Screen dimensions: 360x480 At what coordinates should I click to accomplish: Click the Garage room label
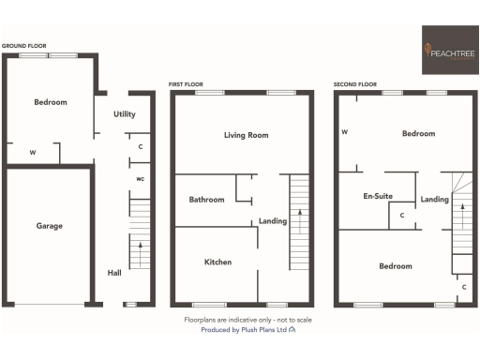click(x=50, y=226)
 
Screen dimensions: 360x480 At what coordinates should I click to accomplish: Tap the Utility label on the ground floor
click(x=125, y=113)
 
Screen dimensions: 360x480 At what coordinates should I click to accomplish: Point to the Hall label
click(x=114, y=273)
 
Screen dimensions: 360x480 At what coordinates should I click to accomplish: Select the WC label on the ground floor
click(x=140, y=178)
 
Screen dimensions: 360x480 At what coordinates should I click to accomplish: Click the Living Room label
click(x=246, y=135)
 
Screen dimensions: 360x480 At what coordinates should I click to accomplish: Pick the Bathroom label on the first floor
click(x=206, y=200)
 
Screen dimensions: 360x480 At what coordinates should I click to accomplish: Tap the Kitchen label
click(x=217, y=262)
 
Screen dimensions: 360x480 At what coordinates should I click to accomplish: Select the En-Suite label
click(x=377, y=197)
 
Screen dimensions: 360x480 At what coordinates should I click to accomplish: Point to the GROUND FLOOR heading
click(x=25, y=45)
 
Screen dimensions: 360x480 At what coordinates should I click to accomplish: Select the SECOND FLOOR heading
click(x=357, y=84)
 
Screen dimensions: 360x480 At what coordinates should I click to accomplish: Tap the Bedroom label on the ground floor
click(x=51, y=102)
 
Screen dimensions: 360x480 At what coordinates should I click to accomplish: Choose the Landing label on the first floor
click(x=273, y=221)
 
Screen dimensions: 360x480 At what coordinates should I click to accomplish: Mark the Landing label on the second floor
click(x=434, y=199)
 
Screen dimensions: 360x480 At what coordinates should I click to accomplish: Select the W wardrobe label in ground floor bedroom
click(x=33, y=152)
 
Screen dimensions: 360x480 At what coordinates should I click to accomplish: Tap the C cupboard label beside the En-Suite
click(x=402, y=217)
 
